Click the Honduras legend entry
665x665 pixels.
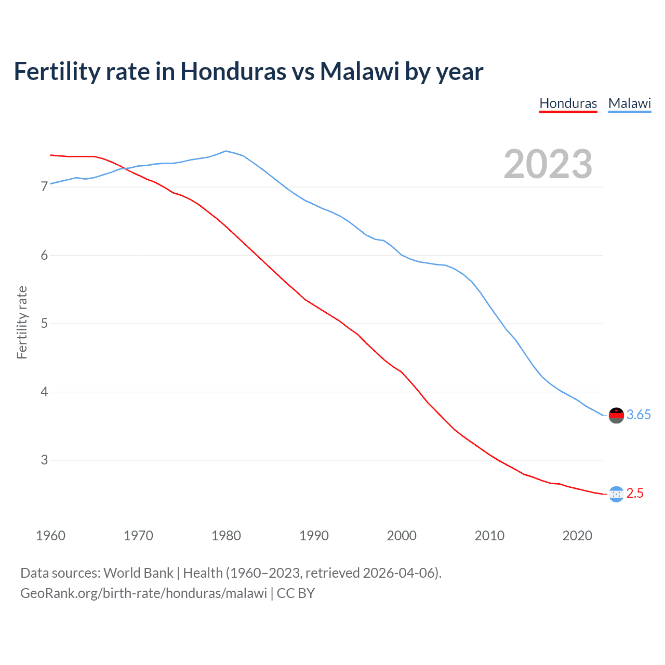click(568, 103)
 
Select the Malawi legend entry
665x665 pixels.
click(629, 103)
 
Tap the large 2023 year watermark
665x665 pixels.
click(548, 164)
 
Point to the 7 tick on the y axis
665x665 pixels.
click(44, 187)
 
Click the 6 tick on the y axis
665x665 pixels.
click(44, 255)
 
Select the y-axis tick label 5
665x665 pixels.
click(44, 324)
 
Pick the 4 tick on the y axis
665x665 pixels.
click(44, 392)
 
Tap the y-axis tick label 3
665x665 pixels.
click(44, 460)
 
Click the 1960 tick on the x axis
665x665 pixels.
click(50, 536)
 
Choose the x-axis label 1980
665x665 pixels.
click(226, 536)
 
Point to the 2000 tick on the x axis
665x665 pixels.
click(402, 536)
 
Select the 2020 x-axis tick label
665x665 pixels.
click(577, 536)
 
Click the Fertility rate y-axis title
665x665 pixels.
click(22, 322)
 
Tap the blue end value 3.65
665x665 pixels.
click(639, 415)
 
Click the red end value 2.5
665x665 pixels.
click(635, 494)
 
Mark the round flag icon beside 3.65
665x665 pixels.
click(616, 415)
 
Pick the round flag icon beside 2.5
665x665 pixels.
click(616, 494)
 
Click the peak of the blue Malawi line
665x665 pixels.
click(225, 151)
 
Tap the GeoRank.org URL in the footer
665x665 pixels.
click(143, 593)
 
